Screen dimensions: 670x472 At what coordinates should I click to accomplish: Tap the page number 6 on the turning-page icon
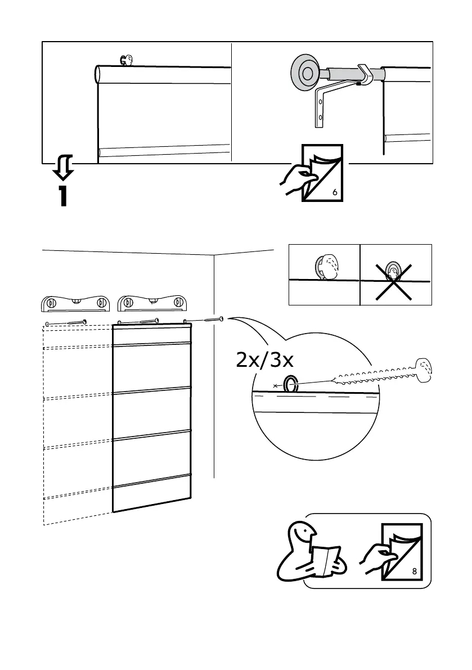tap(335, 192)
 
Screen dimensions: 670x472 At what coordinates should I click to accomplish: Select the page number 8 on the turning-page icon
tap(414, 572)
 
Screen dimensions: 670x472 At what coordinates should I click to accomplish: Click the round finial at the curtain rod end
tap(305, 73)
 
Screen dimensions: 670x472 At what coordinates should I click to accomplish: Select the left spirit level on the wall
tap(75, 303)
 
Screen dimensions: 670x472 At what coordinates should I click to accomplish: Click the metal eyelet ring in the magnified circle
tap(291, 384)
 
